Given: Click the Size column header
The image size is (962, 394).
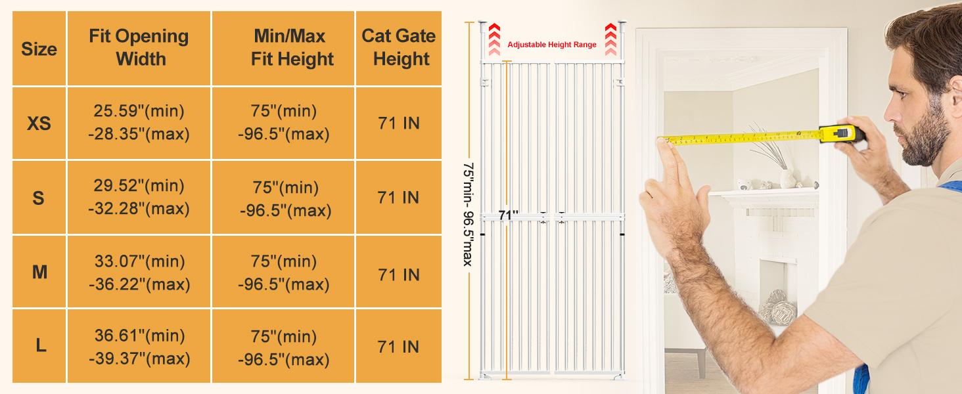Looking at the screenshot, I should pos(39,49).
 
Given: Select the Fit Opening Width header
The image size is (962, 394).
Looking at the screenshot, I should pos(139,48).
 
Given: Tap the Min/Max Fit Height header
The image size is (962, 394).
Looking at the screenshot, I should pos(284,48).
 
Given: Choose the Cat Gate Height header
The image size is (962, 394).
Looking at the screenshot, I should pos(399,48).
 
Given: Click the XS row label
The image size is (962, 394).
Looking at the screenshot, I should pos(39,123).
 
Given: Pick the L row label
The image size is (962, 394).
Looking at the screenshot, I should pos(41,346).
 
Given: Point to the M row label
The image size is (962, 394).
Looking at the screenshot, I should pos(39,272).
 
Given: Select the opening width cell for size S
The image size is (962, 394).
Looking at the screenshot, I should pos(139,197).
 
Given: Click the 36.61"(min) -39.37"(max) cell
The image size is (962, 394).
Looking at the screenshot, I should pos(139,347).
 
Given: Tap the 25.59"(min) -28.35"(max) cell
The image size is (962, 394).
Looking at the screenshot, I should pos(139,123).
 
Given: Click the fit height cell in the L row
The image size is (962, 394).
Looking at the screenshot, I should pos(284,347).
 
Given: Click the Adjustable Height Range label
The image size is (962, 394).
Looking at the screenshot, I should pos(552,45).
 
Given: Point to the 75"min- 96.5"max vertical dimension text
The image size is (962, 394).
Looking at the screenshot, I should pos(468,213).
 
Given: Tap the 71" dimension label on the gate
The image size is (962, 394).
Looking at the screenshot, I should pos(508,215).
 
